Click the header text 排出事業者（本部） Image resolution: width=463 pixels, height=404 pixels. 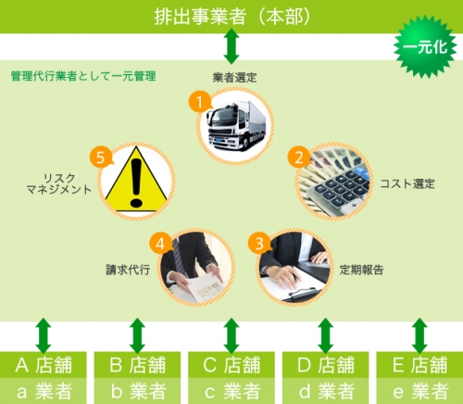coord(231,17)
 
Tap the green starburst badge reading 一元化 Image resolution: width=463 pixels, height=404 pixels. coord(425,47)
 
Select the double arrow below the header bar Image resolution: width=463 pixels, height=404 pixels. coord(231,46)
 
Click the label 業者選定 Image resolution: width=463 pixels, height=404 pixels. coord(234,77)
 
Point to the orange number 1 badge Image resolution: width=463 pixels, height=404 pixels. coord(200,102)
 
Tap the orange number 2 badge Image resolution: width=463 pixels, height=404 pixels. coord(299,157)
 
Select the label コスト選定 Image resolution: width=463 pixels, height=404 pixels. coord(407,183)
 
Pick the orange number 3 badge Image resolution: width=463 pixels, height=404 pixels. coord(259,243)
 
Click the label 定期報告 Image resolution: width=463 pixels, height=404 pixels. coord(361,270)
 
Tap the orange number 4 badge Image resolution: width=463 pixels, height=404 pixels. coord(160,244)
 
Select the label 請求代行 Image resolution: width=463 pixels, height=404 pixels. coord(128,270)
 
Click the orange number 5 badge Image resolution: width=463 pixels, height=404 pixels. coord(101,158)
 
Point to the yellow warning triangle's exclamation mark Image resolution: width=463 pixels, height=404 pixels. coord(136,183)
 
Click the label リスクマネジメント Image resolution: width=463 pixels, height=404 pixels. coord(59,183)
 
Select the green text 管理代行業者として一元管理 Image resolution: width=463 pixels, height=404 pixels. coord(83,76)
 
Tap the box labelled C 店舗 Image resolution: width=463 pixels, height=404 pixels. coord(231,364)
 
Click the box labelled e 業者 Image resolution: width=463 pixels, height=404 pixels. coord(419,391)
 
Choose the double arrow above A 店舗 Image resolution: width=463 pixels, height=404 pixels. coord(44,335)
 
